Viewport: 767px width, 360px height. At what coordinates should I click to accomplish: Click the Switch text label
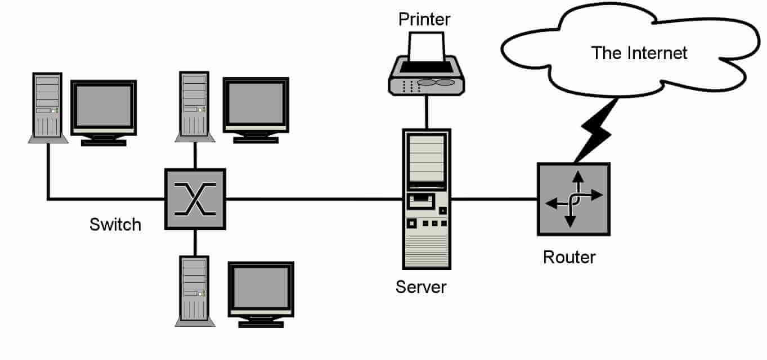point(115,225)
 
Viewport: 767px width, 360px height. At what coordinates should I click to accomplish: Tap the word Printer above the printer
point(424,19)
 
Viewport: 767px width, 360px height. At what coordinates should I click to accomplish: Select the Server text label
point(421,287)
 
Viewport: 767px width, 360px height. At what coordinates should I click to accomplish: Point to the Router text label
point(569,258)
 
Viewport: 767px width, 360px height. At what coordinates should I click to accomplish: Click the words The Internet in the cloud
point(639,53)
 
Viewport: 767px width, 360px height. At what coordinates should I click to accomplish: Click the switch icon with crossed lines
point(195,199)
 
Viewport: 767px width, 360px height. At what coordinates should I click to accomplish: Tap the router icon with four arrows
point(573,199)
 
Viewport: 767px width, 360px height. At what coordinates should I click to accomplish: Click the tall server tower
point(427,199)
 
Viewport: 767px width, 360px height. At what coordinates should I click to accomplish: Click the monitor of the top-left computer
point(104,107)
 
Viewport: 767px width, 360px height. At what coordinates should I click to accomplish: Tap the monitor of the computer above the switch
point(256,104)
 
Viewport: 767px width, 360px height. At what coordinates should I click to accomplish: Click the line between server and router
point(494,199)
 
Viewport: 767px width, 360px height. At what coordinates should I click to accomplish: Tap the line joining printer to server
point(426,111)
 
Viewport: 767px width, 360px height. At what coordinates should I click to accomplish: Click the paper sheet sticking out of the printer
point(426,46)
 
